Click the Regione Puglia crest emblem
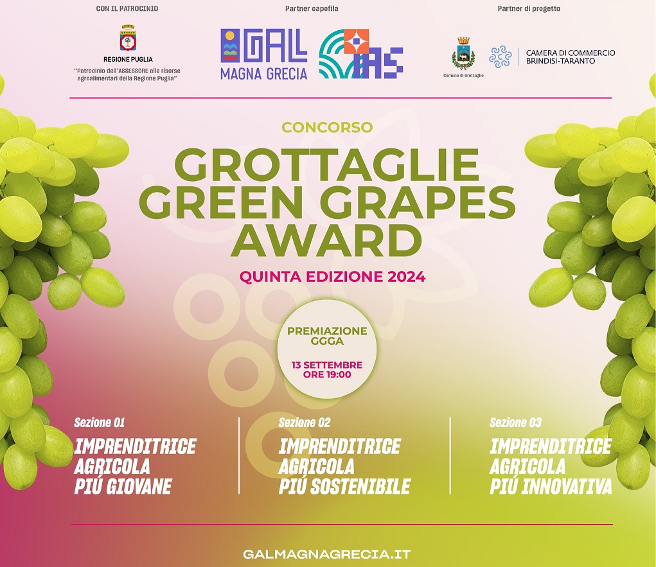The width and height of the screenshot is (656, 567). (128, 39)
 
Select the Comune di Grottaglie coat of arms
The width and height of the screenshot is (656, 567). (463, 53)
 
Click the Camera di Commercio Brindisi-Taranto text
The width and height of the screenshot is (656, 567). (571, 57)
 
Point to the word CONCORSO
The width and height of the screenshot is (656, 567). (327, 127)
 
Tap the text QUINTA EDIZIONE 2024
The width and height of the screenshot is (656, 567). (332, 277)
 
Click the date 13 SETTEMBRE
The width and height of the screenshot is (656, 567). (327, 365)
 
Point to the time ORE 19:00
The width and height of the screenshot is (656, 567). (327, 374)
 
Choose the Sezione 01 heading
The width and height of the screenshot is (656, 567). (100, 423)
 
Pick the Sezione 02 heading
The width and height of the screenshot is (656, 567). (305, 423)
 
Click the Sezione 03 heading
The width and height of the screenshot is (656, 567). (515, 423)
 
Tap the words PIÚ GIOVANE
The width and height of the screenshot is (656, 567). (123, 486)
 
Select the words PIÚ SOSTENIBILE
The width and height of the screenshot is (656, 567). (345, 486)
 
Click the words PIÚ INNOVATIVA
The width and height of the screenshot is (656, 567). (551, 486)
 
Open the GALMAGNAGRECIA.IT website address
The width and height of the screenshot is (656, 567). (327, 554)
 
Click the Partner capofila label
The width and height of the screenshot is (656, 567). (312, 8)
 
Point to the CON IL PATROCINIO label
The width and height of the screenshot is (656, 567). (127, 8)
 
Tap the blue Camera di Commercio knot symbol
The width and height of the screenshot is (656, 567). (501, 57)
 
